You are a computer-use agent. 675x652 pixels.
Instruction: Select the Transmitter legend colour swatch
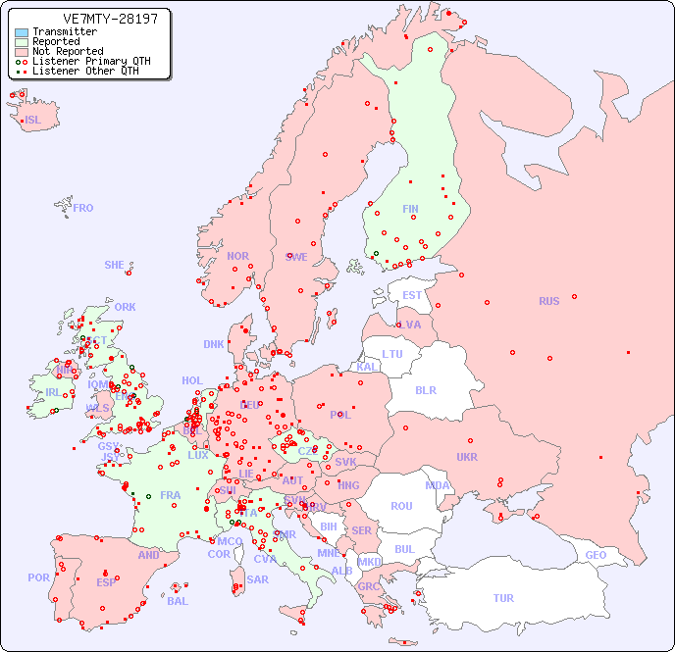pos(22,31)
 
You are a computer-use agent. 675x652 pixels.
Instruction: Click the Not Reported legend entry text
pos(68,51)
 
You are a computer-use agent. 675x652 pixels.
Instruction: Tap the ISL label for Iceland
pos(32,121)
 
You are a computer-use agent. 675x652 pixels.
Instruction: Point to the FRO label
pos(83,208)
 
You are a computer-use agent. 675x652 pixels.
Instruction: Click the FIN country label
pos(410,209)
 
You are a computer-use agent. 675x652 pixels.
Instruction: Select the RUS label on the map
pos(548,301)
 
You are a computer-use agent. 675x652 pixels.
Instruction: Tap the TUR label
pos(503,598)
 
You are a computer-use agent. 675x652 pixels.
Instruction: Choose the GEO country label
pos(596,555)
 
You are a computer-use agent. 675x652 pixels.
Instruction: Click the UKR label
pos(467,457)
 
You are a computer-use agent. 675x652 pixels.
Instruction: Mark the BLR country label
pos(426,389)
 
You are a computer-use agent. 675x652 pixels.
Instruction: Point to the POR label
pos(38,577)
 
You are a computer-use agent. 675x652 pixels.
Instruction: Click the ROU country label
pos(401,506)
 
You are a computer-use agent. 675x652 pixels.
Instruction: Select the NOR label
pos(237,256)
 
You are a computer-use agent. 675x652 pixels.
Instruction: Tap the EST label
pos(412,295)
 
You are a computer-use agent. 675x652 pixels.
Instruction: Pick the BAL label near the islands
pos(178,601)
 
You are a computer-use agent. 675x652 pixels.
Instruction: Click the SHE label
pos(115,265)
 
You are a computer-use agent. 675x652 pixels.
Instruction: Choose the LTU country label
pos(392,354)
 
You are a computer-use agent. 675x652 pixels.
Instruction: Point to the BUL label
pos(404,549)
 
